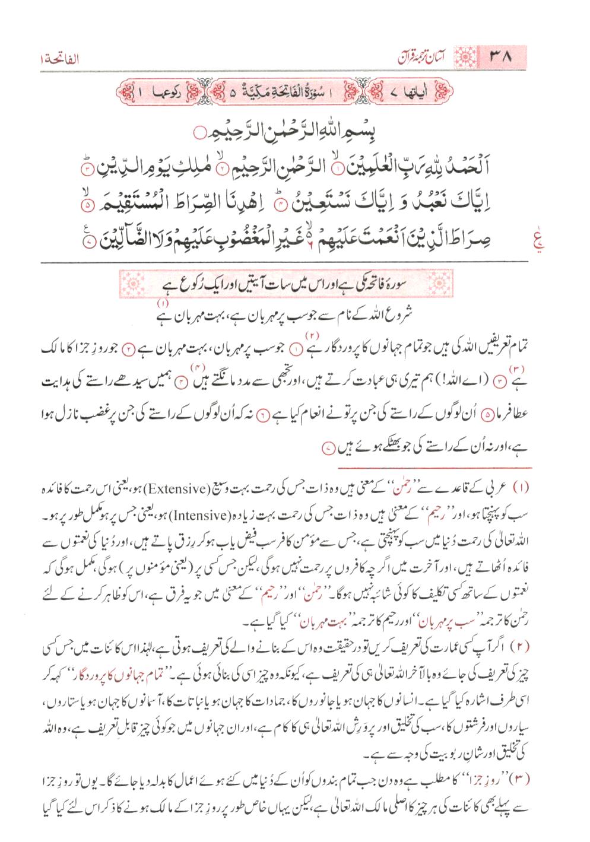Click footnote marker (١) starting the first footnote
tap(536, 490)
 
